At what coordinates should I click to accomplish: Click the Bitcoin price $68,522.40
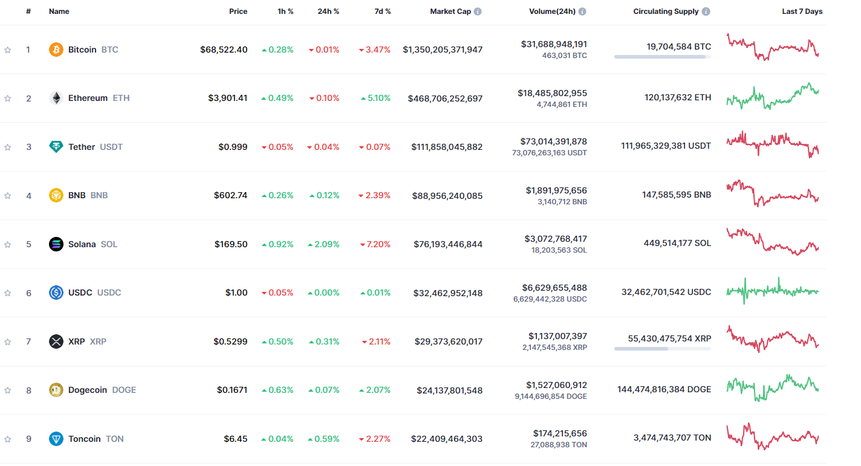(x=224, y=50)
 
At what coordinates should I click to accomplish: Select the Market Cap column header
(x=450, y=11)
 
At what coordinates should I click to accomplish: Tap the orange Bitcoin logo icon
(x=56, y=50)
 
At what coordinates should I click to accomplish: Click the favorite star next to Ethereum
(x=8, y=99)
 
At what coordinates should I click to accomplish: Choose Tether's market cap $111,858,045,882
(x=447, y=147)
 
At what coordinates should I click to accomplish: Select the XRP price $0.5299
(x=230, y=341)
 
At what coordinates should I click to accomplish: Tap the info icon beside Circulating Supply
(x=706, y=11)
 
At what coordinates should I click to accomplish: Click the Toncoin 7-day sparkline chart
(x=772, y=437)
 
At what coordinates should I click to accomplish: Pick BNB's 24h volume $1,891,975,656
(x=556, y=190)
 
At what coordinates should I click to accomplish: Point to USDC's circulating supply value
(x=666, y=292)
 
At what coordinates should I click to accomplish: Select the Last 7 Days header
(x=802, y=11)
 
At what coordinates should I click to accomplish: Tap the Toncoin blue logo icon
(x=56, y=439)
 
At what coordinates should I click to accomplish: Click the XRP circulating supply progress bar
(x=662, y=349)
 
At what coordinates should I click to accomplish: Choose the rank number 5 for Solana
(x=28, y=244)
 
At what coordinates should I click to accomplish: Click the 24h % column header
(x=328, y=11)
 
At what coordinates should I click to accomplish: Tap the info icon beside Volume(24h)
(x=582, y=11)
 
